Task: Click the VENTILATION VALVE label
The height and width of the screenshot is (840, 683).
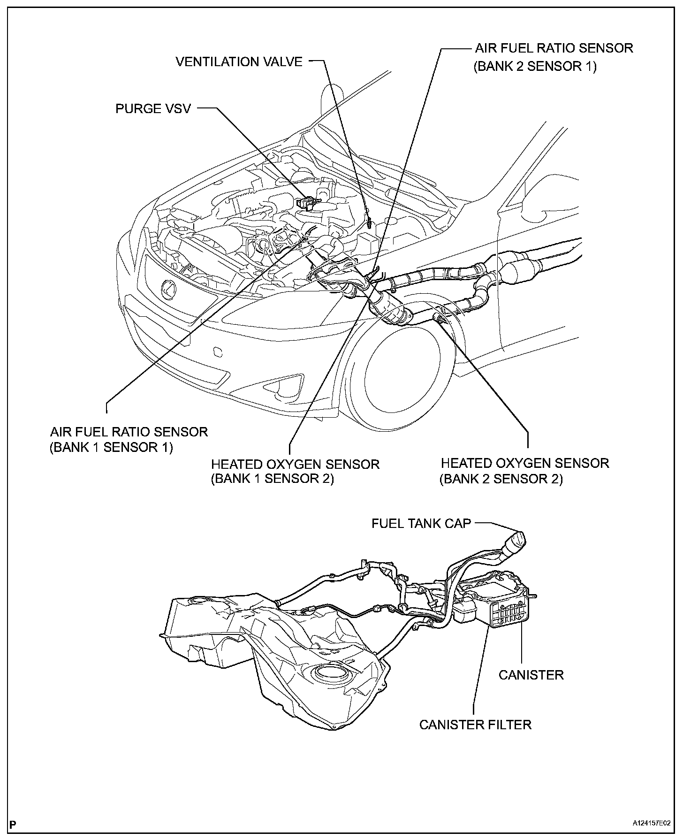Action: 239,61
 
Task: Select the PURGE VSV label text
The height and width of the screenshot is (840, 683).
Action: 153,109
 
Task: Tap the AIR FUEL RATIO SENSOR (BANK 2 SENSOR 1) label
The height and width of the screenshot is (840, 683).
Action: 554,57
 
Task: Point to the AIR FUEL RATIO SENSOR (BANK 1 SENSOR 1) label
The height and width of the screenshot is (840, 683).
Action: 129,439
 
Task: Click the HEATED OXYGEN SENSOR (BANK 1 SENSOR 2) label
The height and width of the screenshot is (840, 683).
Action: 295,471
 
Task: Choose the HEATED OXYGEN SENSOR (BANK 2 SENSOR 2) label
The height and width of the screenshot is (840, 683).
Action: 524,471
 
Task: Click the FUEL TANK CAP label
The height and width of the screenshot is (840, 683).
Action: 421,523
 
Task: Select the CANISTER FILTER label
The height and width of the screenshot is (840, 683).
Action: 475,724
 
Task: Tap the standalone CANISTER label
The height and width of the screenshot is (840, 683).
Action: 531,675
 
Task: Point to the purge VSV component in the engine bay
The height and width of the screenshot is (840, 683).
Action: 305,203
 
